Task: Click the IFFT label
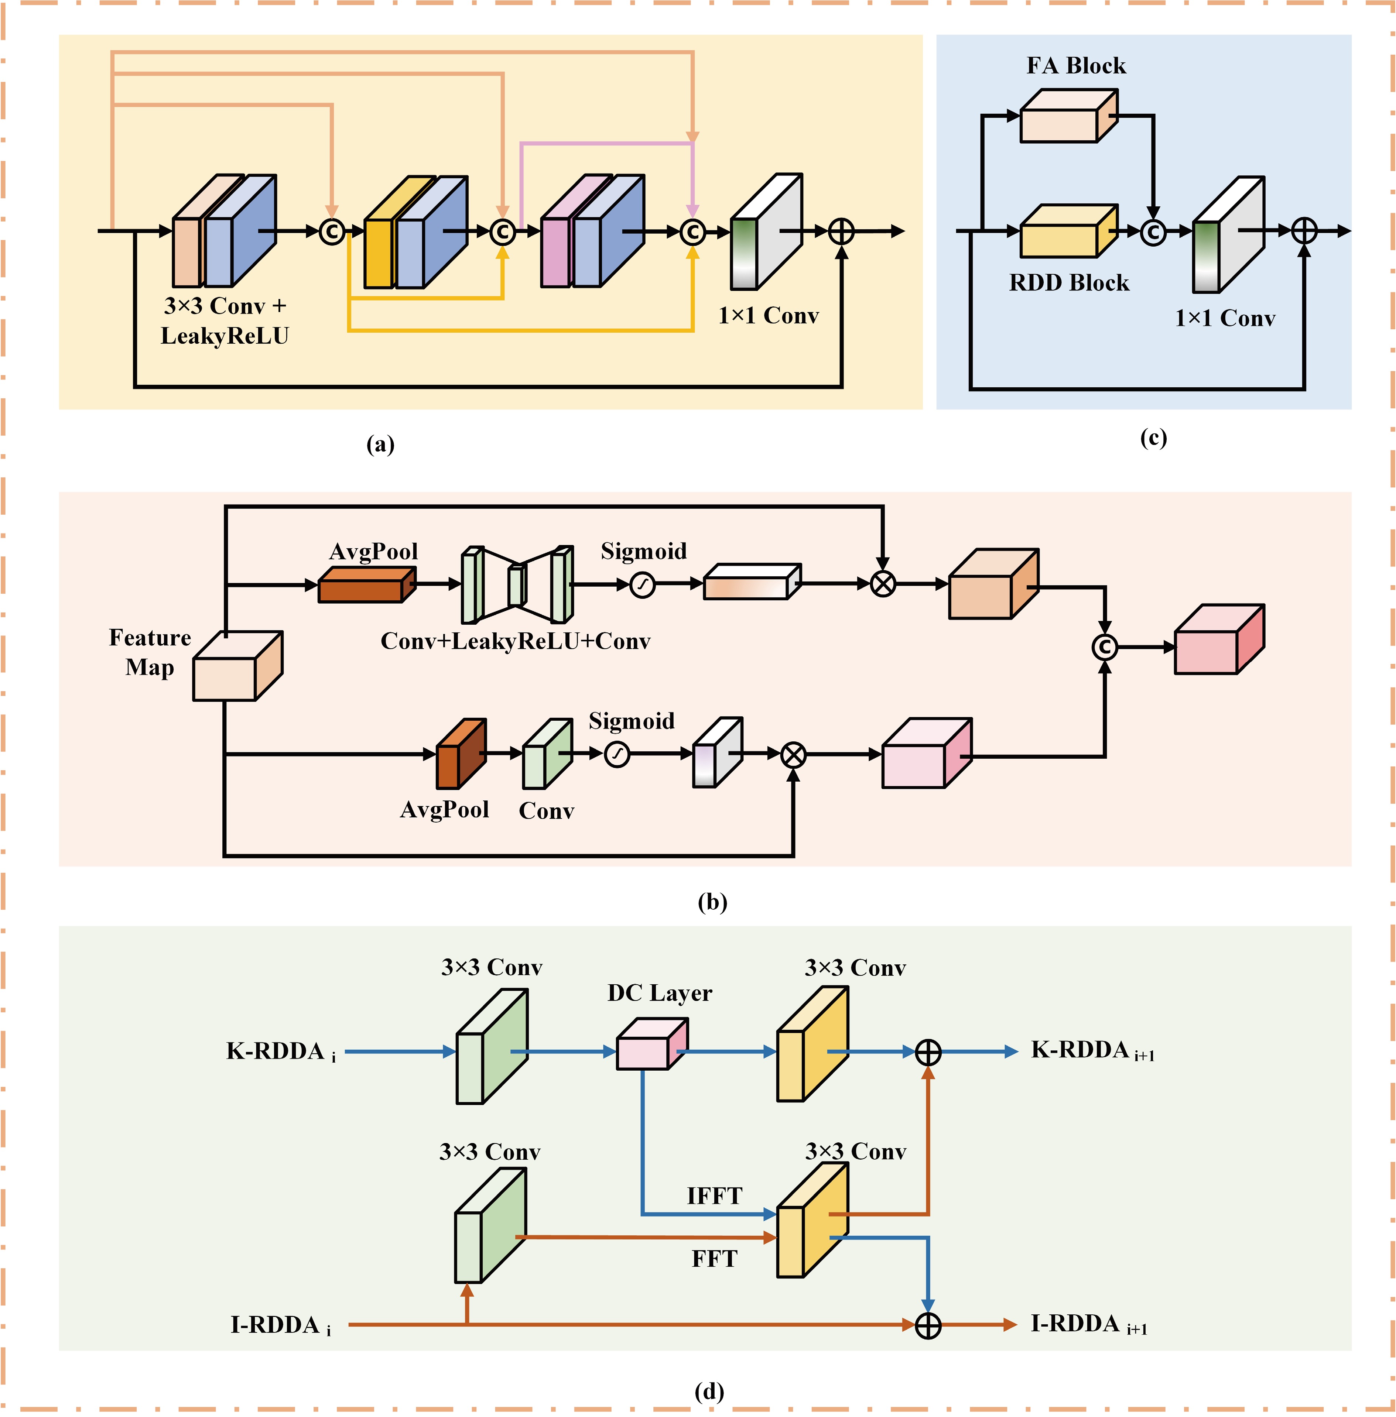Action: pos(714,1195)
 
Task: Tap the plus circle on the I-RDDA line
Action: pos(928,1325)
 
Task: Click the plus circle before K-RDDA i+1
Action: pos(928,1052)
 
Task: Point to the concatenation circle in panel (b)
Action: pos(1104,646)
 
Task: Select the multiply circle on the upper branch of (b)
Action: pos(883,584)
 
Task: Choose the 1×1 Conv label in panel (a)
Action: pos(768,316)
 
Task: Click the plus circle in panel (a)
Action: pos(841,231)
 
